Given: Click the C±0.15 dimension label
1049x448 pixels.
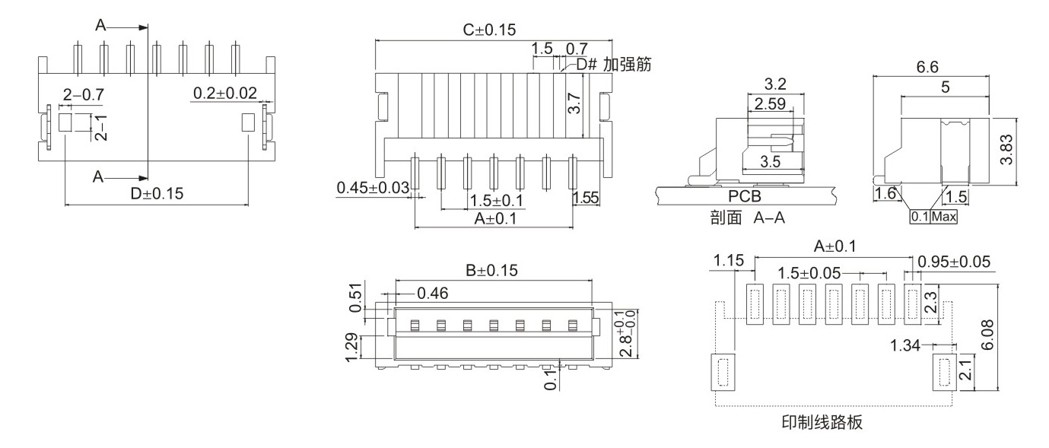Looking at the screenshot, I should pyautogui.click(x=489, y=30).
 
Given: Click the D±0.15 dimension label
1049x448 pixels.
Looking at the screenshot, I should pyautogui.click(x=156, y=193).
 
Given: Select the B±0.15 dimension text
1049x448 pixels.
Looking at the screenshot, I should pyautogui.click(x=491, y=270).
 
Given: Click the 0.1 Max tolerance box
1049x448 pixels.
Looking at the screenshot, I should pyautogui.click(x=933, y=217).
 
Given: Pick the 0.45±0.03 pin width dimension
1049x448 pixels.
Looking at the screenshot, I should pyautogui.click(x=373, y=187).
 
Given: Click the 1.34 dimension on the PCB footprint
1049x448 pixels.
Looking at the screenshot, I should pyautogui.click(x=904, y=347).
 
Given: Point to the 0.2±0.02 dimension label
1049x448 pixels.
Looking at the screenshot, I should pyautogui.click(x=225, y=93).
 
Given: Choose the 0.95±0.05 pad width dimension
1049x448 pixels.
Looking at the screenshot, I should pyautogui.click(x=955, y=262).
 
